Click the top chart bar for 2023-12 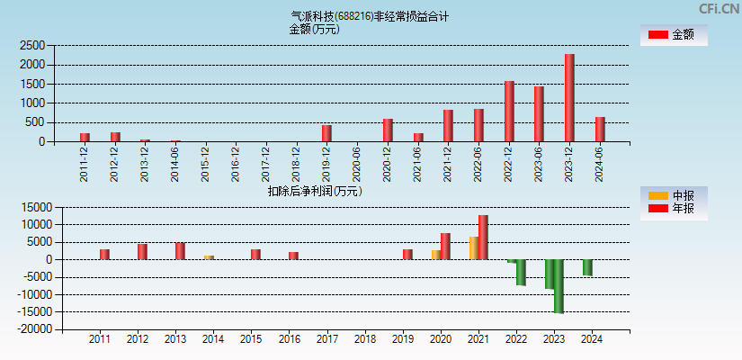point(569,98)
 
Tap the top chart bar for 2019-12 point(326,133)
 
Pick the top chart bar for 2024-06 point(600,130)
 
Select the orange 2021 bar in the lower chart point(473,248)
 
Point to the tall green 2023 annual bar point(559,286)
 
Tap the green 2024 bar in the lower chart point(587,267)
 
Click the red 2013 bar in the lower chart point(180,251)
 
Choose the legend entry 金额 point(674,35)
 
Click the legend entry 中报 point(674,195)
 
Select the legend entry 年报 point(674,209)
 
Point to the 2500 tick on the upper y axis point(32,45)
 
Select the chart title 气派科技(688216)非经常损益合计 point(371,16)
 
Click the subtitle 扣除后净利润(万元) point(315,191)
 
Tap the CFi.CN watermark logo point(719,8)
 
